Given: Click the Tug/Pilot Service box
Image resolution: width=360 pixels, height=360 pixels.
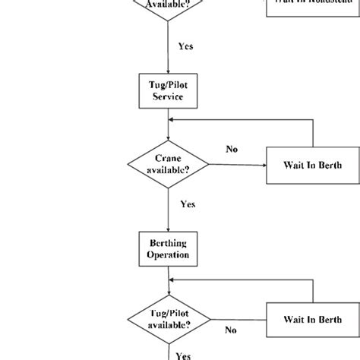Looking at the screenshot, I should coord(168,93).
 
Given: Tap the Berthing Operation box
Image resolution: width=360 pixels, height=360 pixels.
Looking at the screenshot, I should coord(168,248).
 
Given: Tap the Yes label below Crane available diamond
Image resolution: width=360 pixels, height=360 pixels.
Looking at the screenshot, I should coord(188,204).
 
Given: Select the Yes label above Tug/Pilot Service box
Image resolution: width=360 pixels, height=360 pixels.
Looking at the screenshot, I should coord(185,46).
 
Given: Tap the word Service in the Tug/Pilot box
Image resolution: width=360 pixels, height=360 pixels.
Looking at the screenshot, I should coord(168,99).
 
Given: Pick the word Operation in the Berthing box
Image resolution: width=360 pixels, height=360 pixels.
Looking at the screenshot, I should coord(168,255).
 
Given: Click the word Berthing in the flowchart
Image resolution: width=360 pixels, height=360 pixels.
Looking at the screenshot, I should coord(168,242).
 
